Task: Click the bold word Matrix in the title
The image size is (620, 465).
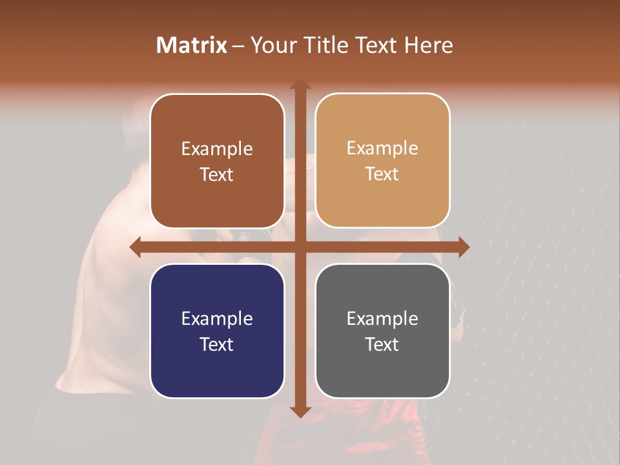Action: tap(192, 45)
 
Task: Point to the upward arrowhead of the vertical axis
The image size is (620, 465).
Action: tap(300, 85)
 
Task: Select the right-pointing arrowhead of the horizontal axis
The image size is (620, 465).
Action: tap(463, 247)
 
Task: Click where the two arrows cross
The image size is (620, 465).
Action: tap(300, 247)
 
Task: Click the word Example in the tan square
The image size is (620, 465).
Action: tap(382, 149)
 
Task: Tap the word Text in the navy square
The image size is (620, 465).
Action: tap(217, 344)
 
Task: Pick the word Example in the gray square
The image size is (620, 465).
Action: tap(382, 318)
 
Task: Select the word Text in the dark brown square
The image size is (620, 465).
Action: tap(217, 174)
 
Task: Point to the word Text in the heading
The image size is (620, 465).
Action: tap(378, 45)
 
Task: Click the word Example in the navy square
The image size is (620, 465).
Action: tap(217, 318)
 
